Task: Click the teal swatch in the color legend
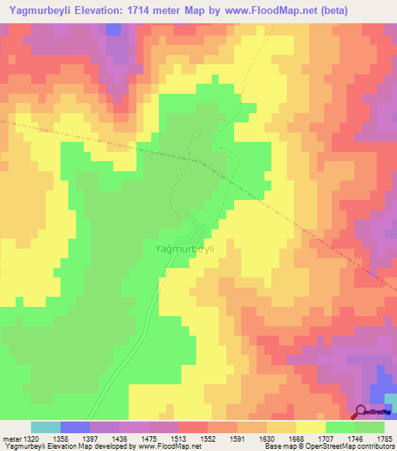pyautogui.click(x=46, y=427)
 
